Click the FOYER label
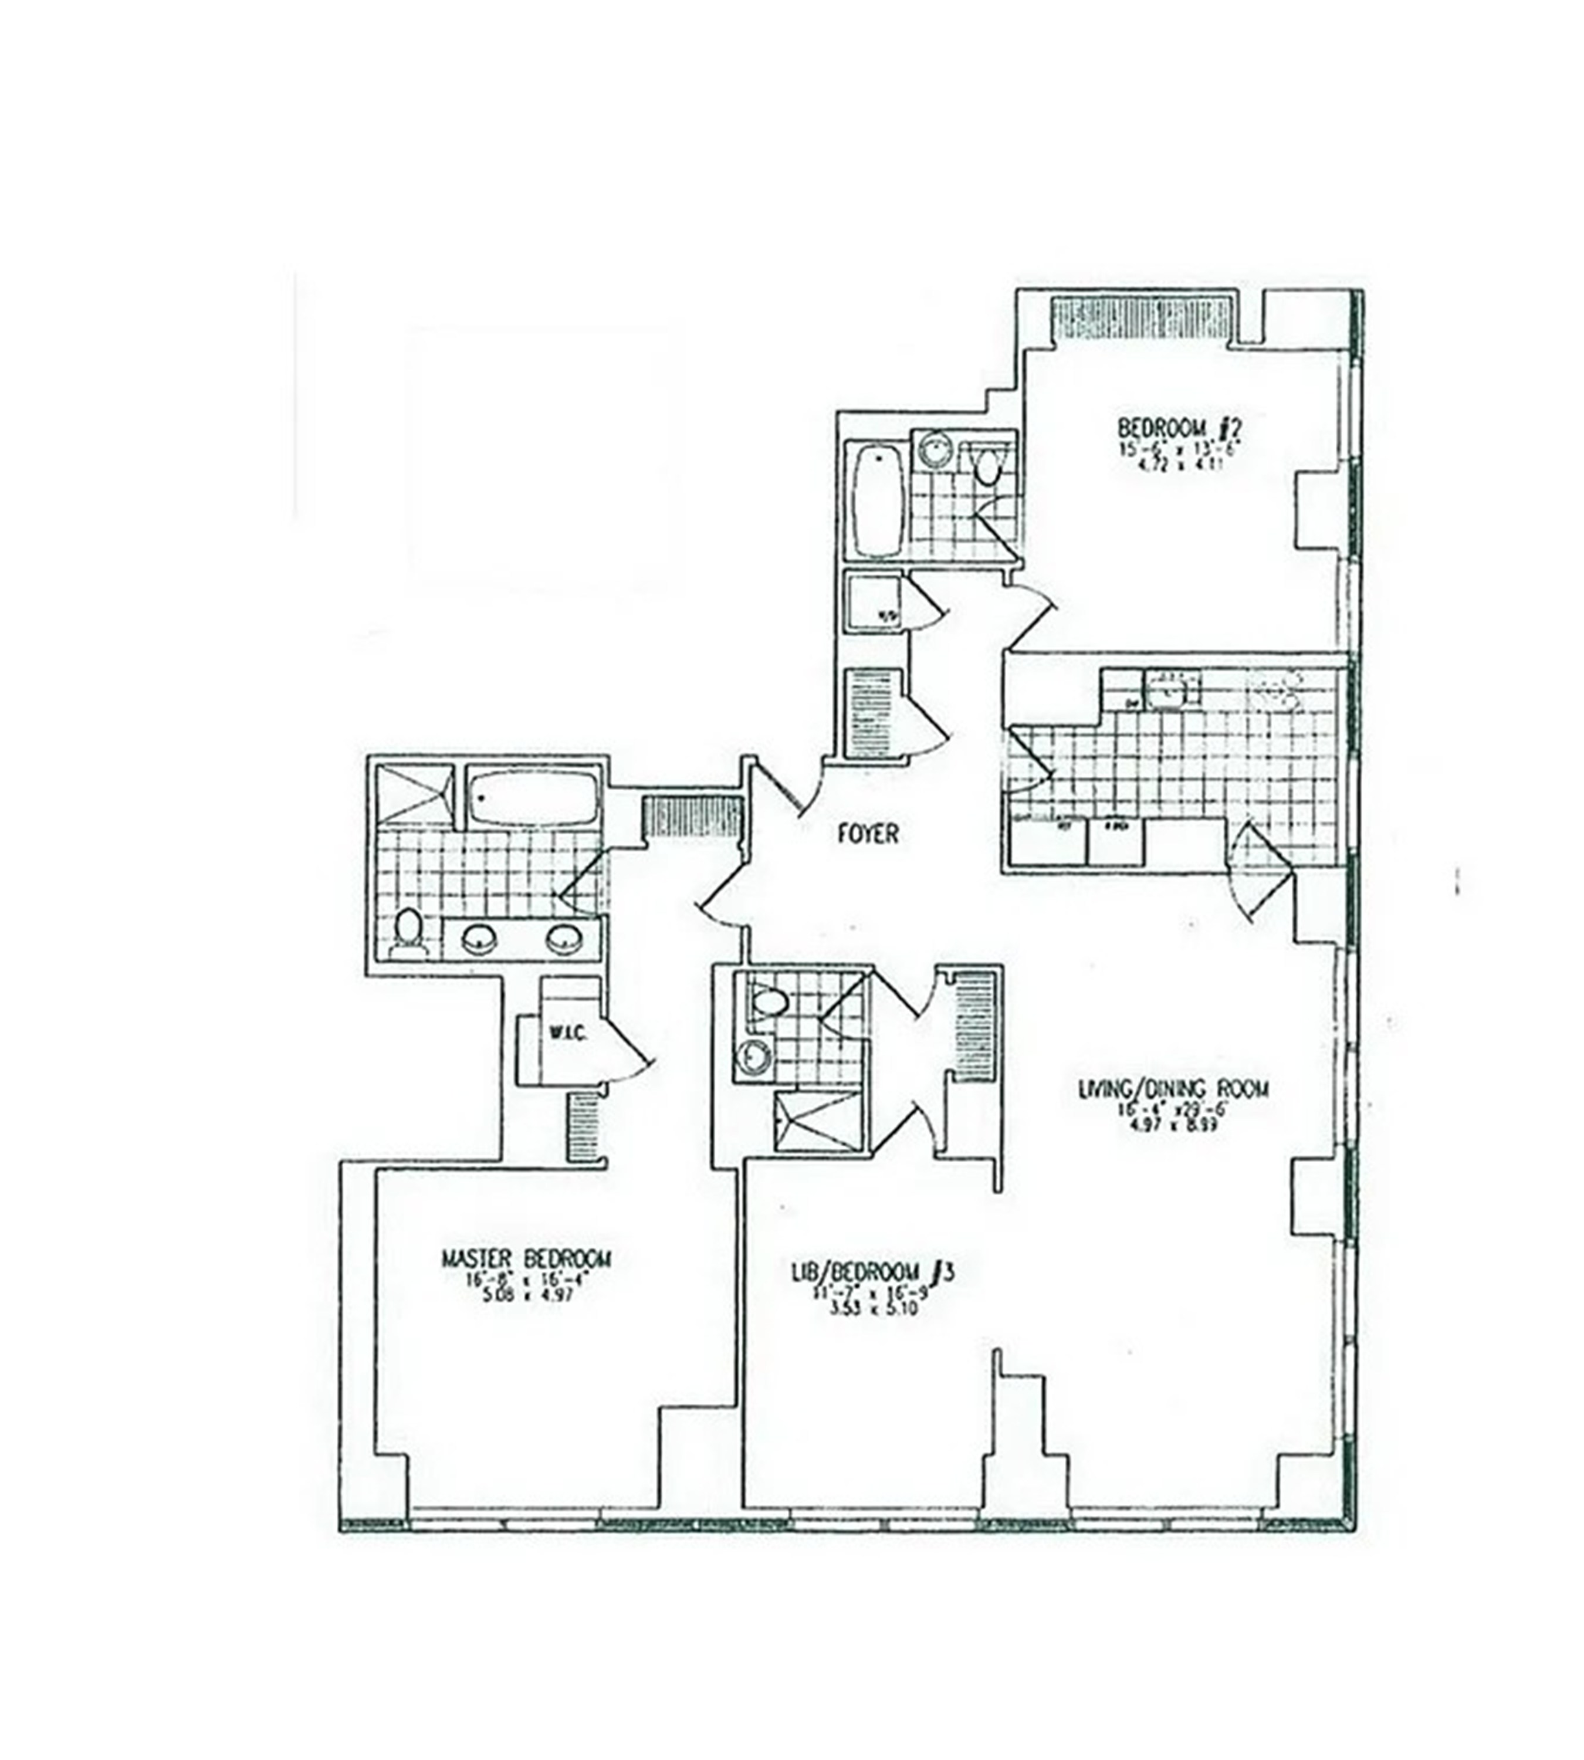point(868,833)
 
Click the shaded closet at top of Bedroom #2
point(1141,321)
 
